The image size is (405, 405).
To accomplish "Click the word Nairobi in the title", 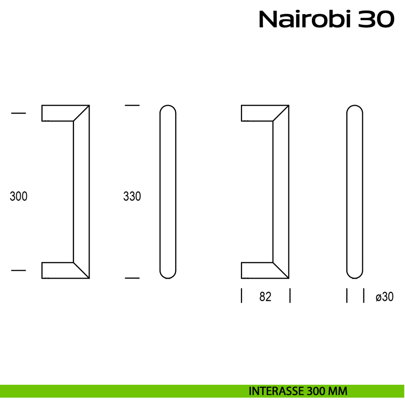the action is [305, 19].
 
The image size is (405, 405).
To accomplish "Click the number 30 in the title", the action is [376, 19].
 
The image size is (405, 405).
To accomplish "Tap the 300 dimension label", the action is [19, 196].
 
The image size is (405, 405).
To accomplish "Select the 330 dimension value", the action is [132, 196].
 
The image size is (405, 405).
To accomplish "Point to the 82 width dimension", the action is [265, 297].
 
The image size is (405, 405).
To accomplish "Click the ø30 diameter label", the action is [384, 297].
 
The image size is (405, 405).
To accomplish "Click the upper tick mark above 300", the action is [19, 113].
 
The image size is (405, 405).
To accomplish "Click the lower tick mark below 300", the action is [19, 270].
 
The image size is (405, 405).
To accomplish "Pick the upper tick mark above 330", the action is [132, 105].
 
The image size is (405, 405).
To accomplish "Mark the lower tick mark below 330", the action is [132, 278].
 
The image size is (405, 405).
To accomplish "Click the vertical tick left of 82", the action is [242, 296].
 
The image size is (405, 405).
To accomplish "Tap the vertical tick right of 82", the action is [290, 296].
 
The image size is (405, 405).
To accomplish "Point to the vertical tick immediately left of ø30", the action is [364, 296].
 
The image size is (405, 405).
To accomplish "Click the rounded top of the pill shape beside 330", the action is [168, 105].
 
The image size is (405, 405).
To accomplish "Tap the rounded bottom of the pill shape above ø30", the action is [355, 278].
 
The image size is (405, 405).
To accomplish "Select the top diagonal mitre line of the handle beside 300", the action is [81, 113].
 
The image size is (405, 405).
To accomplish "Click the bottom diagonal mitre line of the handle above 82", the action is [281, 270].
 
